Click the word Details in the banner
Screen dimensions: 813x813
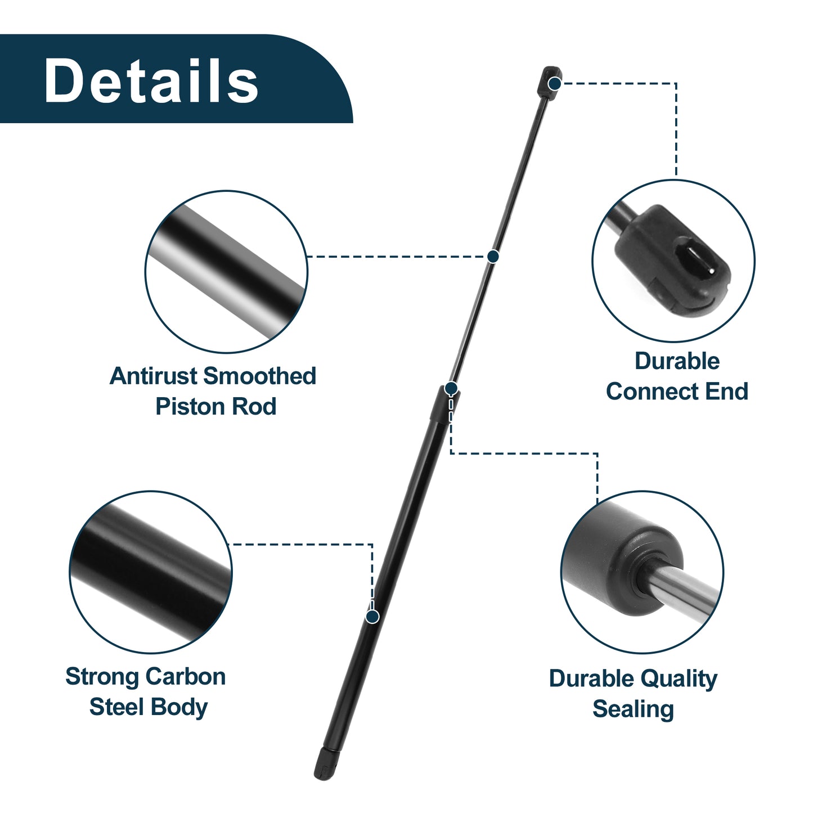pyautogui.click(x=151, y=80)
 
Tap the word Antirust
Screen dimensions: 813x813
pyautogui.click(x=155, y=376)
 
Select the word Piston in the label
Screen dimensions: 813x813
pyautogui.click(x=183, y=407)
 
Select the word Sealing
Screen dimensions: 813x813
pyautogui.click(x=633, y=710)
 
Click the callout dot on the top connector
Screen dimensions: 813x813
pyautogui.click(x=554, y=83)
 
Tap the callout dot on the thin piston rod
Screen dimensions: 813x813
pyautogui.click(x=493, y=256)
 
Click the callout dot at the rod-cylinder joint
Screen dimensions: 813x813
pyautogui.click(x=451, y=388)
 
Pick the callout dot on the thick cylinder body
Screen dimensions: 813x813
pyautogui.click(x=372, y=617)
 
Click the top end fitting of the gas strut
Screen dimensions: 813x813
pyautogui.click(x=549, y=82)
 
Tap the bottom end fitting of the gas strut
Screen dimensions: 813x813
pyautogui.click(x=326, y=763)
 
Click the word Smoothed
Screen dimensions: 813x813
pyautogui.click(x=260, y=376)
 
